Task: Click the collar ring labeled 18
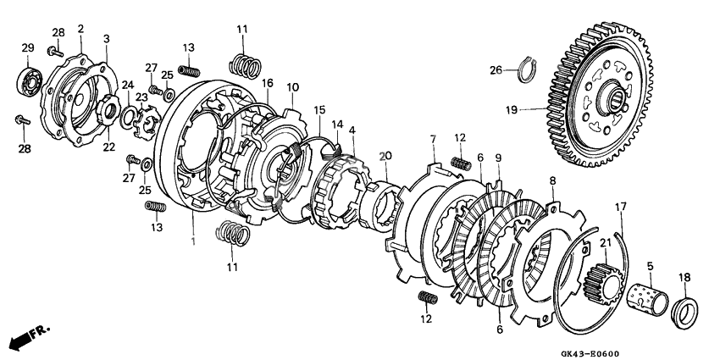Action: [x=684, y=307]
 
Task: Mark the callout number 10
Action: [x=292, y=87]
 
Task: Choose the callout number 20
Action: [x=385, y=157]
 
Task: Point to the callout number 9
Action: [x=498, y=158]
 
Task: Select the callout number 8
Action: [x=552, y=180]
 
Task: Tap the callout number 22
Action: [x=108, y=147]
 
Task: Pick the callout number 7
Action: [x=432, y=138]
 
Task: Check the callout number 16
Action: [x=268, y=84]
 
